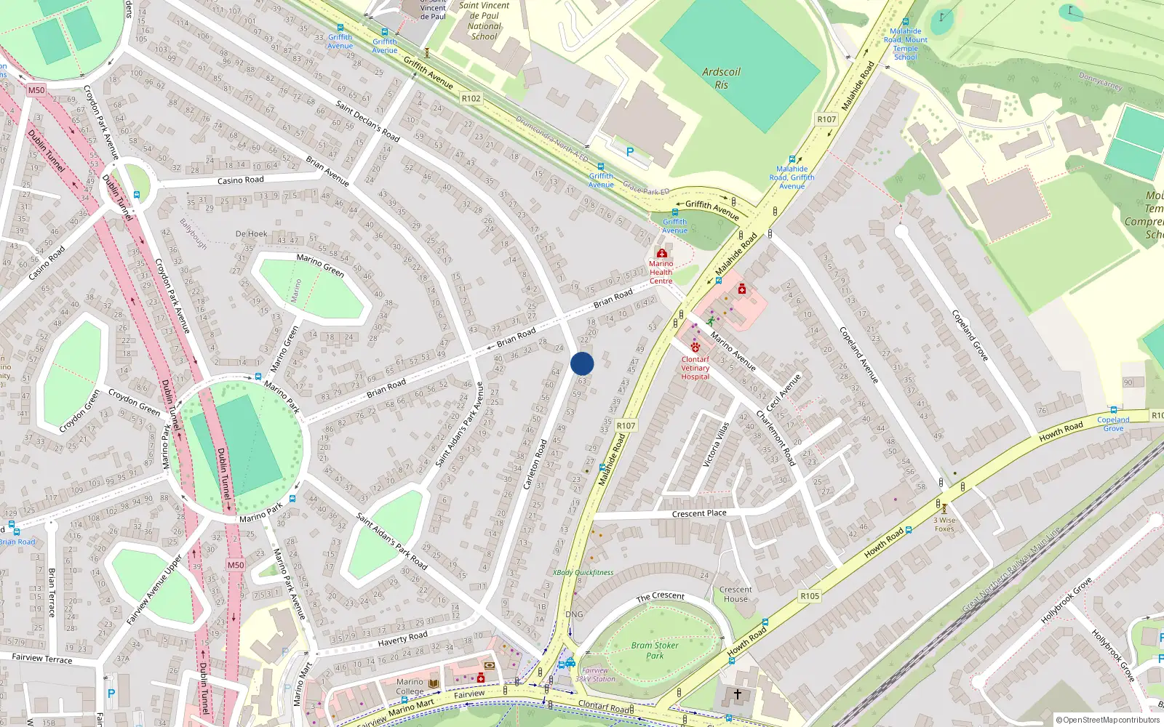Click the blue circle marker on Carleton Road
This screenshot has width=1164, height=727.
(582, 363)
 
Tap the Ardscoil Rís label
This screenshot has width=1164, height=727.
(721, 79)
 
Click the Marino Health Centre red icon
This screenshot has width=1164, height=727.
(661, 253)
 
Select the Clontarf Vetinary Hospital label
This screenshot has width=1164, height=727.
(695, 368)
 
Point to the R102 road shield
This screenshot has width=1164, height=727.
(471, 98)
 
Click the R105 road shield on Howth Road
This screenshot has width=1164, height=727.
(810, 596)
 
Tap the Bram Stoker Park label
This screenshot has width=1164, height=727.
(655, 650)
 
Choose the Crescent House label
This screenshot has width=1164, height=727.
(736, 595)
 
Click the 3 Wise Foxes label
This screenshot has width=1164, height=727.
(944, 524)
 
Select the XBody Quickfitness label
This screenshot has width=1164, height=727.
(583, 573)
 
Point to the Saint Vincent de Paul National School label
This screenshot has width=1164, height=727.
(485, 20)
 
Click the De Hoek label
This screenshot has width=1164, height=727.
(251, 234)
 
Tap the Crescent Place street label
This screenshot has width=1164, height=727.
(699, 514)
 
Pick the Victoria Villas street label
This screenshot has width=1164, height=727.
(715, 444)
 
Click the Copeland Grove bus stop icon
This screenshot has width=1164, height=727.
(1113, 410)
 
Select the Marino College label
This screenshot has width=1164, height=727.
(410, 687)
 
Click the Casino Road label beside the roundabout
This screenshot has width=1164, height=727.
(241, 180)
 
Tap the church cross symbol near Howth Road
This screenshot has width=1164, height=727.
(738, 694)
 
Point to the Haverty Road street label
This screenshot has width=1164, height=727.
(402, 639)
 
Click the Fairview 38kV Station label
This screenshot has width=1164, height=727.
(595, 675)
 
